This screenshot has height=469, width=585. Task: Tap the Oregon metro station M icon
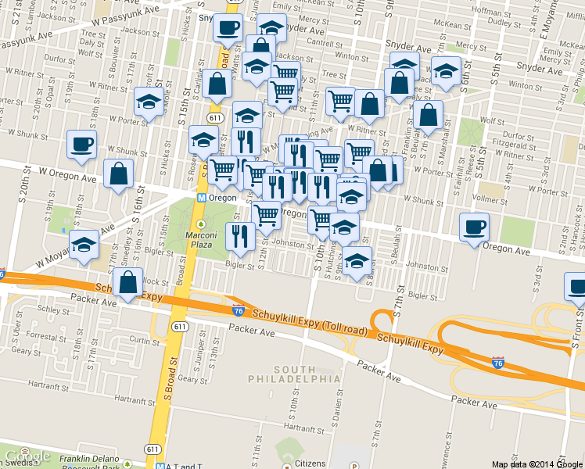point(202,199)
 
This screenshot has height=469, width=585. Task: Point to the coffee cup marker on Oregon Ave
point(475,228)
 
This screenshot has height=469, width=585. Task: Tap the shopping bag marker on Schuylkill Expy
point(127,285)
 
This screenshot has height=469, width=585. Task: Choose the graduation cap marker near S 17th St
point(148,102)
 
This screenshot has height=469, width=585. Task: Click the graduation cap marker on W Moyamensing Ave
point(84,245)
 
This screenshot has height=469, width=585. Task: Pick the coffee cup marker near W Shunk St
point(82,145)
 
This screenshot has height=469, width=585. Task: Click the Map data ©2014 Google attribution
point(537,464)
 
